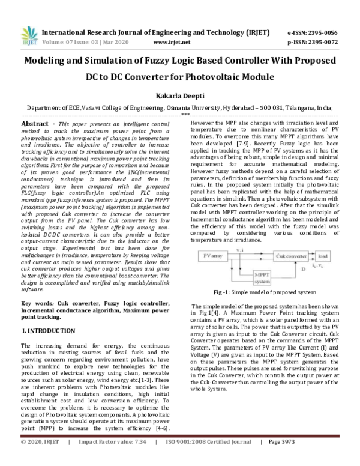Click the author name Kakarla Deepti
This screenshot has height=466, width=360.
pyautogui.click(x=179, y=95)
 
